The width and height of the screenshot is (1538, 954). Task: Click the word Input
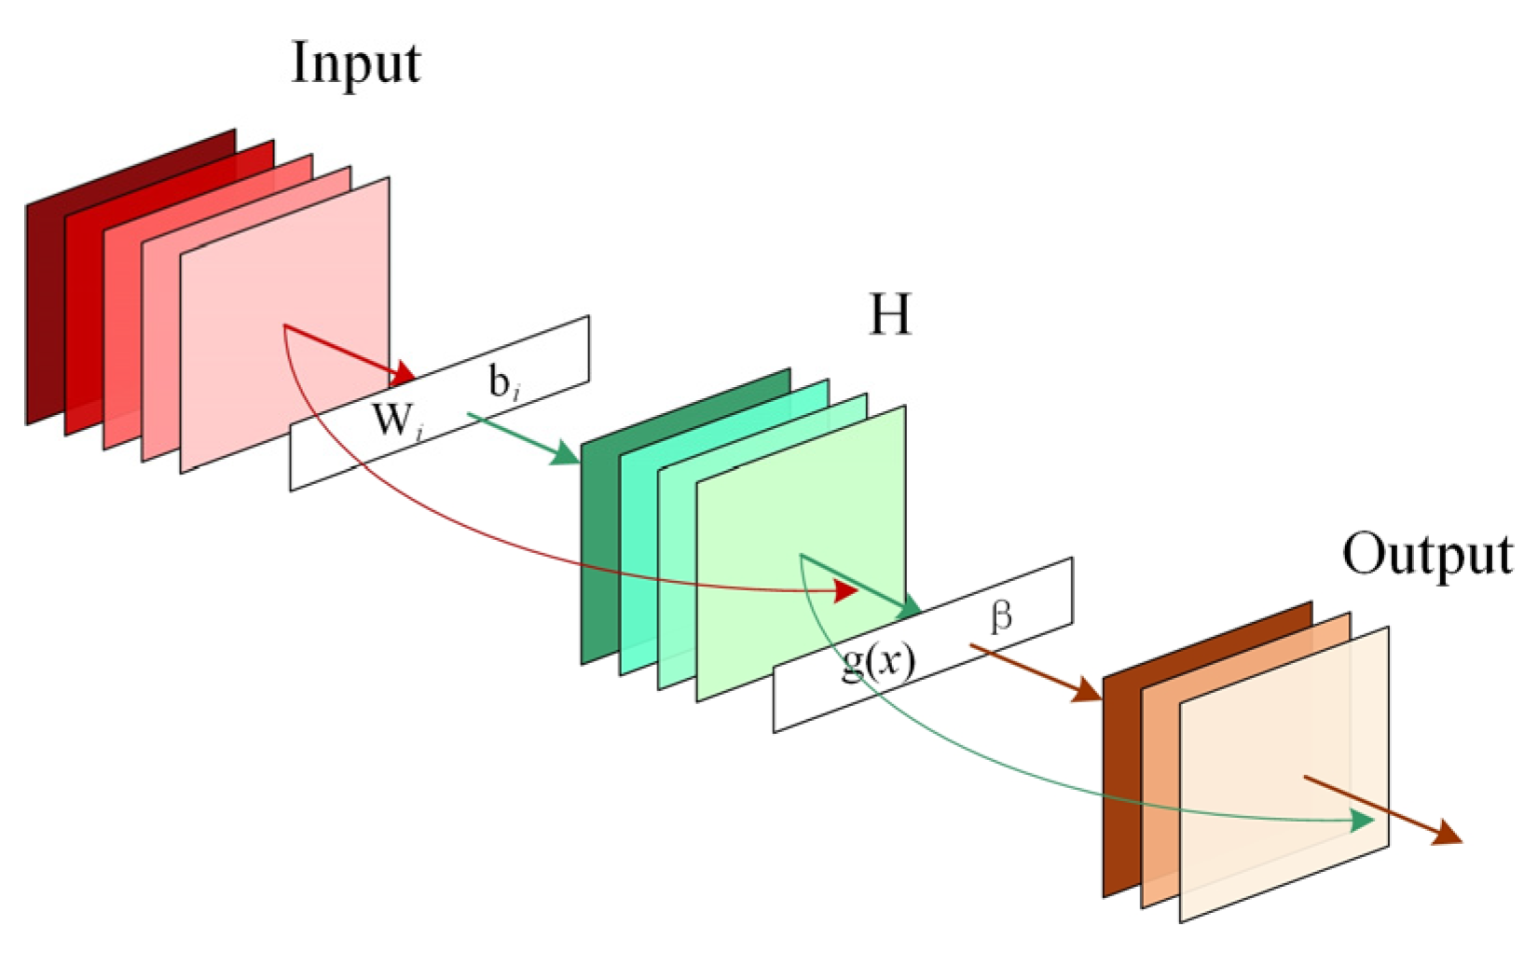(355, 64)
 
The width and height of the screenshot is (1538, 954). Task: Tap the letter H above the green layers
(889, 315)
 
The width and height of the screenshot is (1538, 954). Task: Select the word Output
(1426, 556)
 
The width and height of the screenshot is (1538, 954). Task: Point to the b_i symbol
(503, 382)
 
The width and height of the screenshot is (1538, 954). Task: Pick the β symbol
(1001, 616)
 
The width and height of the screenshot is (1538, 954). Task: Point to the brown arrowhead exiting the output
(1446, 834)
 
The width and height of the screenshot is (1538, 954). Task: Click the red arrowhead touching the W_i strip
(403, 375)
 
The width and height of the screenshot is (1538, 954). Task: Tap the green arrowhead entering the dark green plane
(565, 454)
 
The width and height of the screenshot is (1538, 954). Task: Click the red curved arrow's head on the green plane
(845, 591)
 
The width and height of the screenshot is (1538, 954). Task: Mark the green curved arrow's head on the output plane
(1362, 821)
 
